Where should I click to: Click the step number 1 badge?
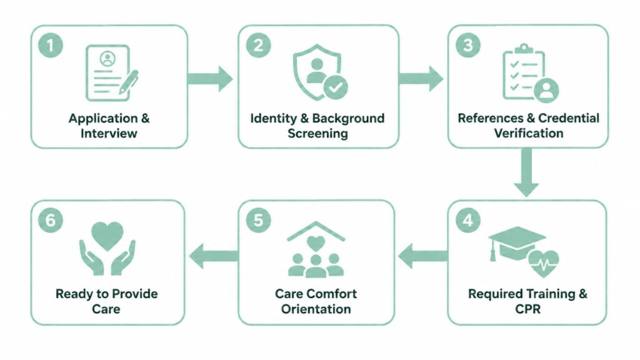click(x=51, y=45)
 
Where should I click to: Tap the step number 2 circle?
click(x=258, y=45)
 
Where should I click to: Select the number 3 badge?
click(x=467, y=45)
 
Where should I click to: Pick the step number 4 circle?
click(x=467, y=220)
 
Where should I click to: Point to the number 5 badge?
click(x=258, y=220)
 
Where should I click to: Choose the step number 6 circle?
click(x=51, y=220)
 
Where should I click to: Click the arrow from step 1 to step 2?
click(x=210, y=79)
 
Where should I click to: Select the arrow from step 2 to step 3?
click(x=421, y=79)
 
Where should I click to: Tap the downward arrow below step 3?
click(x=526, y=172)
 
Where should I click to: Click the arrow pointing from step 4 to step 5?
click(x=422, y=256)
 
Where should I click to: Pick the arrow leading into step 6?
click(x=214, y=256)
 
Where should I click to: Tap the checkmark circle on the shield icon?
click(x=336, y=87)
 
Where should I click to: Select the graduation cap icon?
click(x=516, y=242)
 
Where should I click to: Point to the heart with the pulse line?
click(x=543, y=263)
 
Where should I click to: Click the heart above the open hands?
click(x=107, y=236)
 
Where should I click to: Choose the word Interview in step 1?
click(x=109, y=134)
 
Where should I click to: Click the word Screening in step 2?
click(x=317, y=134)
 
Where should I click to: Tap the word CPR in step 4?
click(x=527, y=309)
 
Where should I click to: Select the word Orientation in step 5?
click(x=316, y=309)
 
